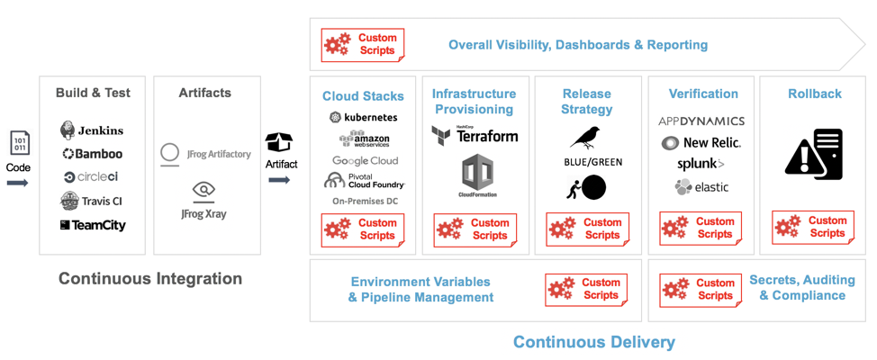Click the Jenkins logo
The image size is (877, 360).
click(92, 130)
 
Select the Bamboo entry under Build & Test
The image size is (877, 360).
click(92, 154)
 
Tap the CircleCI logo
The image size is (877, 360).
click(91, 177)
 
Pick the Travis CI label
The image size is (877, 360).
click(92, 201)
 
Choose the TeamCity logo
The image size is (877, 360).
click(93, 225)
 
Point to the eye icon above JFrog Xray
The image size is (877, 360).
click(204, 190)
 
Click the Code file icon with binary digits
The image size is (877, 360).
click(19, 144)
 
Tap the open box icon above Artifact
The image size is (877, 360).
click(279, 142)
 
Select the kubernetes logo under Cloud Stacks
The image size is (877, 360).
click(363, 117)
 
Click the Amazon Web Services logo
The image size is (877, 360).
click(364, 139)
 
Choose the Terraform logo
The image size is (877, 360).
click(475, 135)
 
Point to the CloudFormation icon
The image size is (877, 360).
click(477, 175)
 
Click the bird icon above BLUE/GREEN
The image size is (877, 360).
click(586, 138)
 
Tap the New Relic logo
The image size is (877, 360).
click(702, 143)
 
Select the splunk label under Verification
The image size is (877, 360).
click(701, 164)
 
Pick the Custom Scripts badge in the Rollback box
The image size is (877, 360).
click(813, 228)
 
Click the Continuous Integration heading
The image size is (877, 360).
click(150, 279)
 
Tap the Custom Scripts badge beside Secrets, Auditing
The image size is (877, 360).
click(701, 290)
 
